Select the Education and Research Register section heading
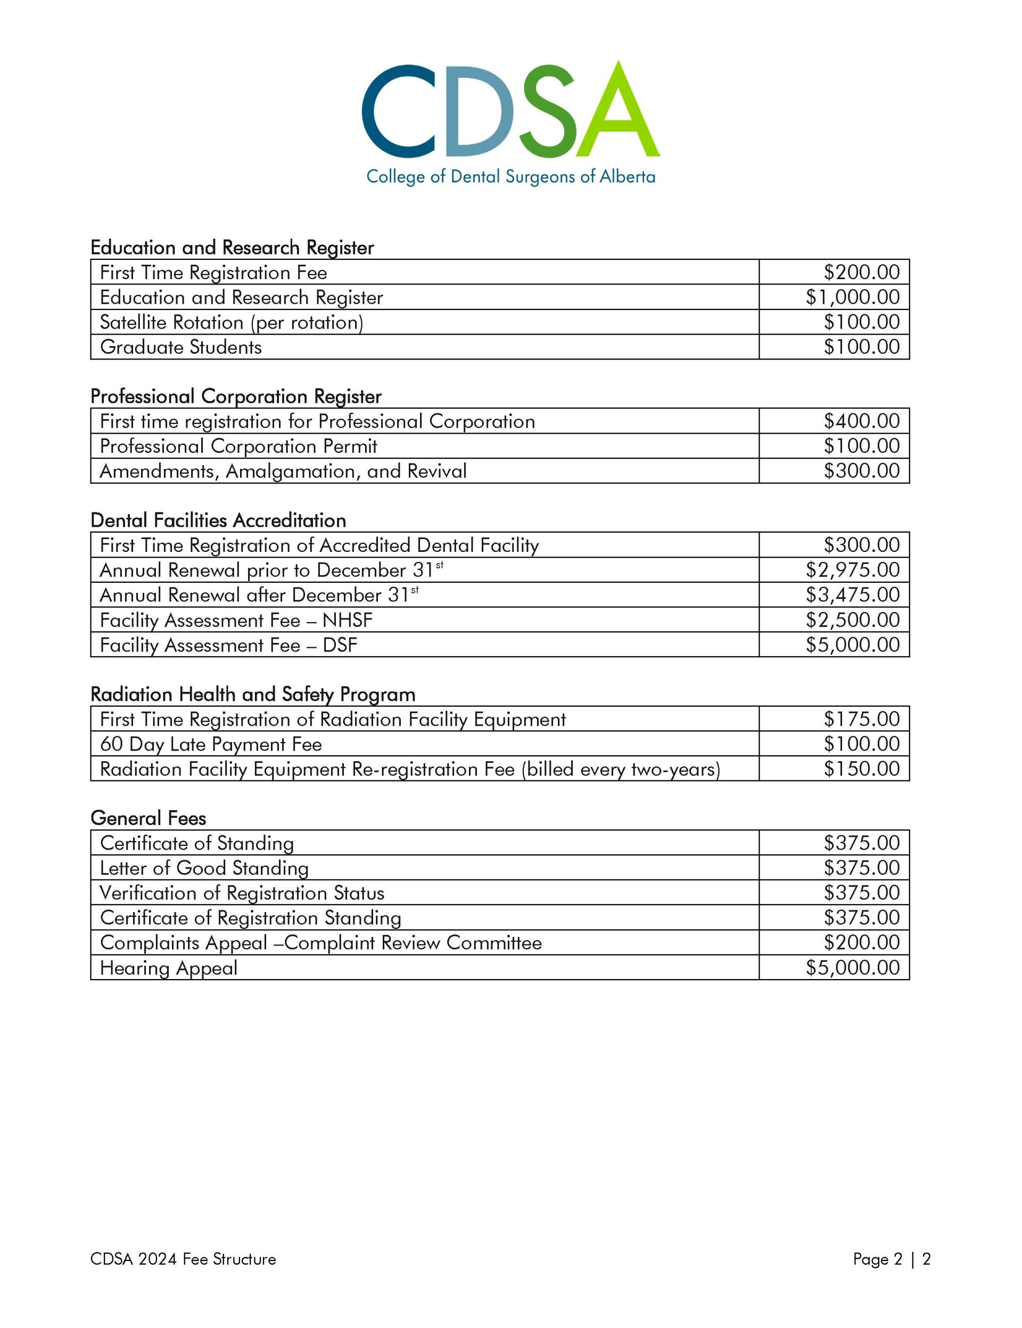232,248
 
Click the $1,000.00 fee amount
852,297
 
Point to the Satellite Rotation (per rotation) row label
231,322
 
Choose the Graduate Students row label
180,347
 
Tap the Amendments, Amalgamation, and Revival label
283,471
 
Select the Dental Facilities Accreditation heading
218,520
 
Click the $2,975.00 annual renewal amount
852,570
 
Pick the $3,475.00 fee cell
852,594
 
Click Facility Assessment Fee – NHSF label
236,620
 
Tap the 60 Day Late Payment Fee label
210,744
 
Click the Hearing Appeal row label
168,967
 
